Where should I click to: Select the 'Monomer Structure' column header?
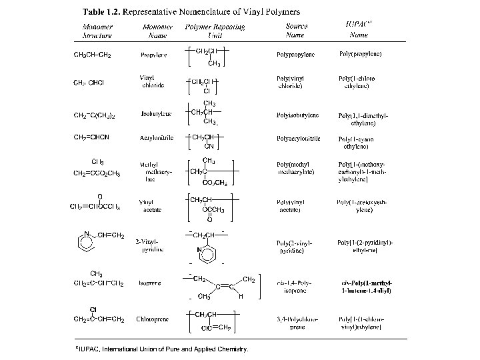pyautogui.click(x=97, y=31)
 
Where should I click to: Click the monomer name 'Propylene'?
pyautogui.click(x=154, y=55)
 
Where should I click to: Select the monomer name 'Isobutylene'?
pyautogui.click(x=157, y=114)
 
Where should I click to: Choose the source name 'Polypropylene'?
pyautogui.click(x=295, y=55)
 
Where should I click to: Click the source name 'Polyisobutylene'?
pyautogui.click(x=297, y=115)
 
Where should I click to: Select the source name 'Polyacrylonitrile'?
pyautogui.click(x=299, y=138)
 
